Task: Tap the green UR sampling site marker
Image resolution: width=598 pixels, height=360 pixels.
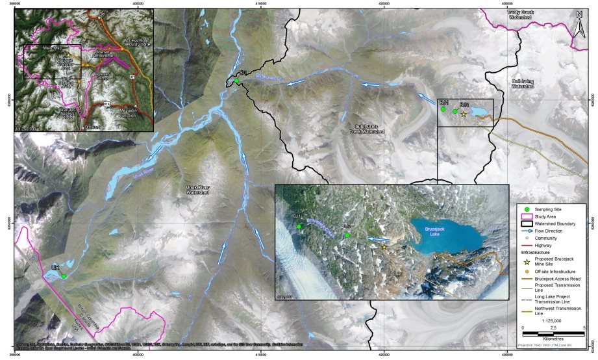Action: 64,276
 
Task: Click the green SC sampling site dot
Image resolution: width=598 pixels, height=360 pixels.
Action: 237,81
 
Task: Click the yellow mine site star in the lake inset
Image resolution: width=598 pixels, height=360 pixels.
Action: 384,246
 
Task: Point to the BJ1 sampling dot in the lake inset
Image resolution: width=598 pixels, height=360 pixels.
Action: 299,226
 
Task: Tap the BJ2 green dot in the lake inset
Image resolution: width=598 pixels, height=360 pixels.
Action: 347,235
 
